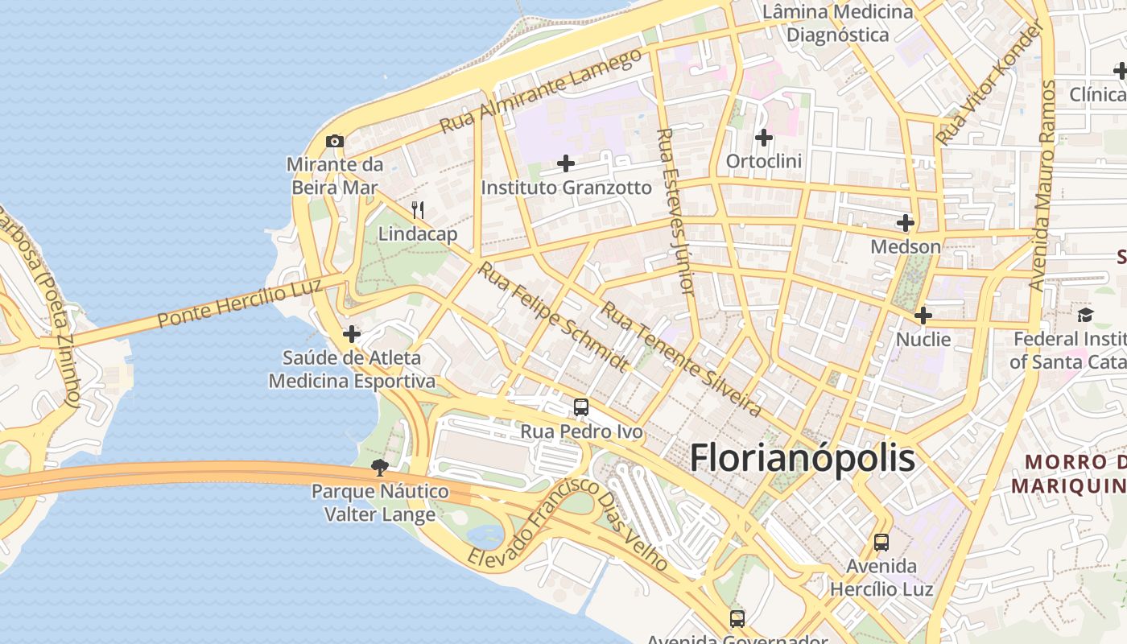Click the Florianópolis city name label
pyautogui.click(x=803, y=458)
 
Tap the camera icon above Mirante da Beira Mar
pyautogui.click(x=335, y=141)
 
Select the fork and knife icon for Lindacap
pyautogui.click(x=418, y=211)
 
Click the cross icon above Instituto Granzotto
pyautogui.click(x=566, y=164)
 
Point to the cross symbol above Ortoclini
pyautogui.click(x=764, y=138)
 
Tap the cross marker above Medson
pyautogui.click(x=906, y=223)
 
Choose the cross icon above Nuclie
pyautogui.click(x=923, y=316)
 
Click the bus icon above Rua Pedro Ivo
pyautogui.click(x=581, y=407)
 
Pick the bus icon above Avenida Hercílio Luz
pyautogui.click(x=881, y=542)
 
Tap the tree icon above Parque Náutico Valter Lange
pyautogui.click(x=380, y=467)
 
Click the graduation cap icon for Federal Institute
pyautogui.click(x=1086, y=315)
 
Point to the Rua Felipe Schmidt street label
pyautogui.click(x=552, y=316)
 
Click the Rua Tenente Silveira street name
pyautogui.click(x=681, y=359)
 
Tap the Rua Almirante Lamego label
pyautogui.click(x=542, y=91)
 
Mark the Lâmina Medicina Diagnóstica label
pyautogui.click(x=838, y=23)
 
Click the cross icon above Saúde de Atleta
pyautogui.click(x=352, y=333)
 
